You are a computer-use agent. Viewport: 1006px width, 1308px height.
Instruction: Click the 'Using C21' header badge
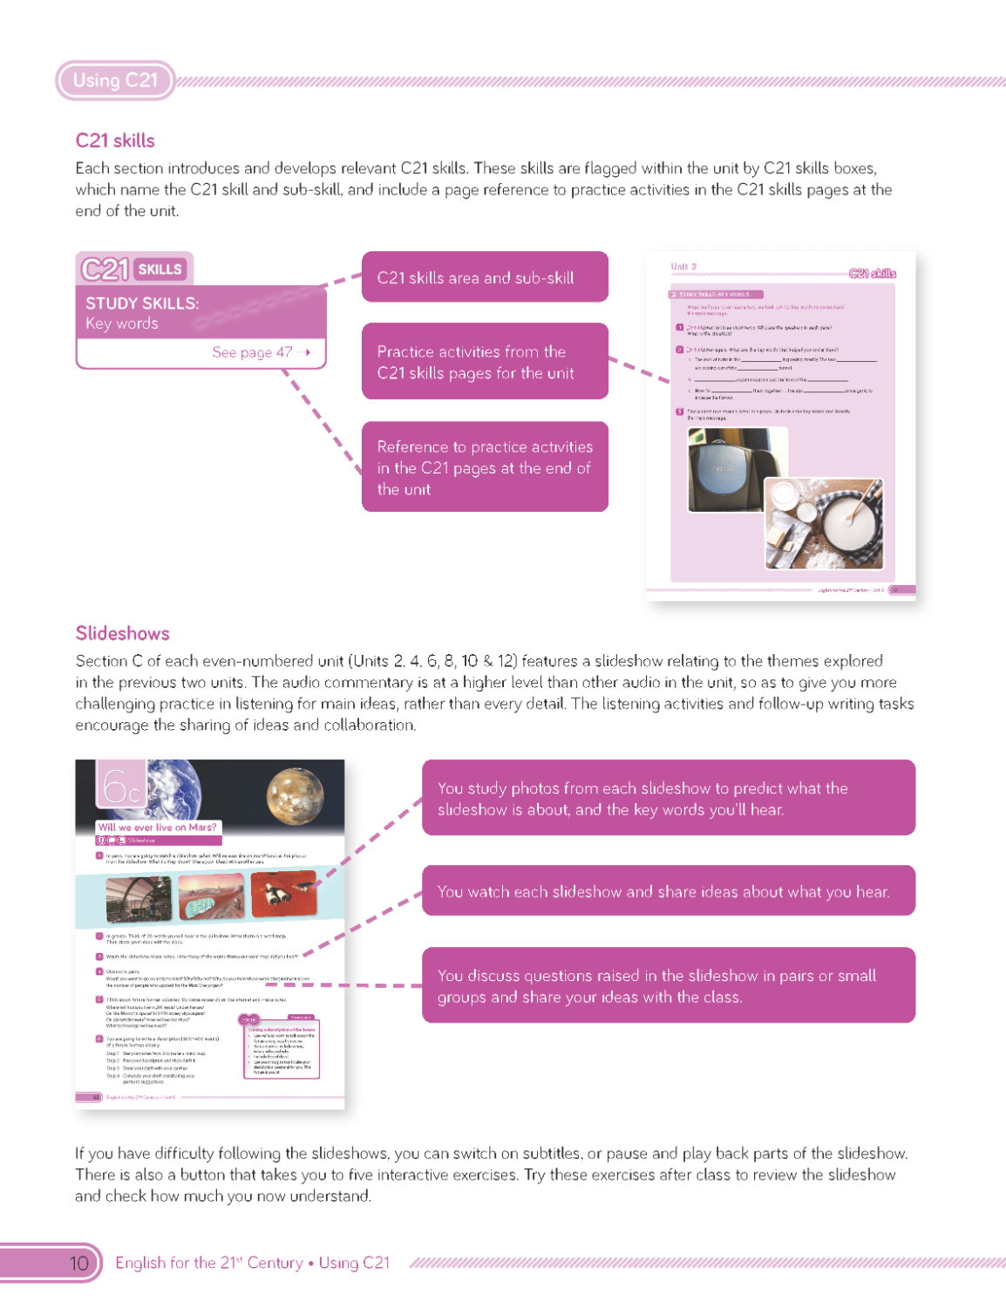tap(115, 80)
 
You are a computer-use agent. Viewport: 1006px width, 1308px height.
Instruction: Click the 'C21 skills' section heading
tap(115, 140)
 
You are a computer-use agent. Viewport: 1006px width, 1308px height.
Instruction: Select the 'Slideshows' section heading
tap(122, 633)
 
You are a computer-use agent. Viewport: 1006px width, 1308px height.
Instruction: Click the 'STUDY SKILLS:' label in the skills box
tap(142, 303)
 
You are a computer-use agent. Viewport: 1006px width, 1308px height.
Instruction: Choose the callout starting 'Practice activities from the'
tap(485, 362)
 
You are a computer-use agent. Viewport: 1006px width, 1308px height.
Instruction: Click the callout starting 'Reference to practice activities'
tap(485, 467)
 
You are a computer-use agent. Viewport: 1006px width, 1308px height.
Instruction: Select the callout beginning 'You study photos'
tap(668, 798)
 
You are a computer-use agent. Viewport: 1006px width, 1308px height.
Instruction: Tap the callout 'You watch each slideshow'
tap(668, 891)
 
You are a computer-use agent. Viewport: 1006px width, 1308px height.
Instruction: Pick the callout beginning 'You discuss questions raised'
tap(668, 985)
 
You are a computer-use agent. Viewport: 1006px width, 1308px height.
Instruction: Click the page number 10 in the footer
tap(78, 1263)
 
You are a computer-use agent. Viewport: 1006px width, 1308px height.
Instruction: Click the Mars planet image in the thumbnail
tap(295, 795)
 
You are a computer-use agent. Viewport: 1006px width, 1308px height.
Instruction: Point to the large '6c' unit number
tap(121, 787)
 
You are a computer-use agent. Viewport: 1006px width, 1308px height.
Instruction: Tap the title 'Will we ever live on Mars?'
tap(158, 827)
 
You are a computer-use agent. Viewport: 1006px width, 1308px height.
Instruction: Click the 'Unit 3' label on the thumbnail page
tap(683, 267)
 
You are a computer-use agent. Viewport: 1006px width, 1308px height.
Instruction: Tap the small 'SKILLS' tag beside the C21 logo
tap(160, 269)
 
